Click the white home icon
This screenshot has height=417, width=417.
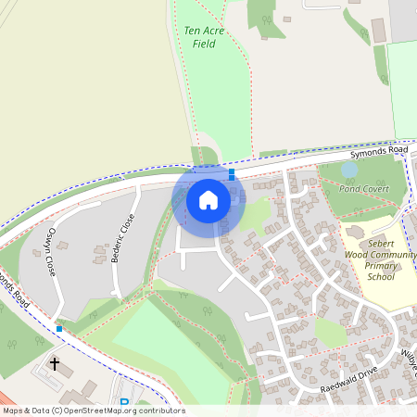(x=208, y=199)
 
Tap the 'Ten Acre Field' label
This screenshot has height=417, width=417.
(x=205, y=37)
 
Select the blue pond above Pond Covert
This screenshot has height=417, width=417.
(x=349, y=170)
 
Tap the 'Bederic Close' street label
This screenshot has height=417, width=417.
(x=123, y=238)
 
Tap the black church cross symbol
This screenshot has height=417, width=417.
(x=55, y=364)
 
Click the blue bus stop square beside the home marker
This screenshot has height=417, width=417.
(x=232, y=172)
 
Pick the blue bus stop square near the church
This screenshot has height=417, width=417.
(x=59, y=328)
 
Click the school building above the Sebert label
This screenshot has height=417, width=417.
(x=353, y=229)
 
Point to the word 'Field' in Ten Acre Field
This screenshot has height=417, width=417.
(x=205, y=44)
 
